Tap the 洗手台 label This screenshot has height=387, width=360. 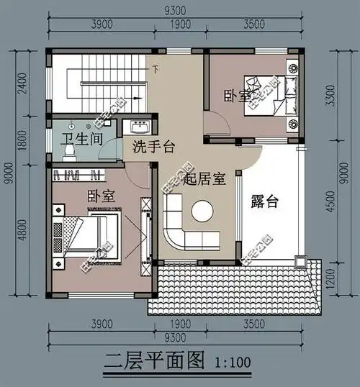point(154,147)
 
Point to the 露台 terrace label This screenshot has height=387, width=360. point(266,202)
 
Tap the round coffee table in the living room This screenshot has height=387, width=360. point(201,211)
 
